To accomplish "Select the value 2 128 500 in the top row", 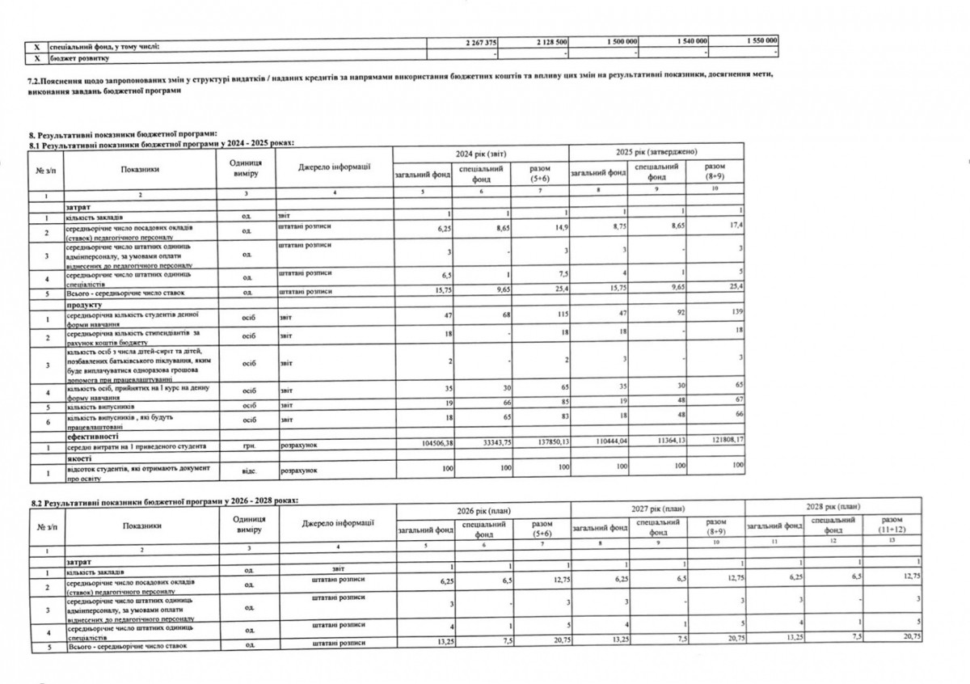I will click(x=549, y=41).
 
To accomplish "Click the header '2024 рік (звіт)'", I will click(x=480, y=153).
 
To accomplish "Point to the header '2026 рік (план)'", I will click(x=483, y=510).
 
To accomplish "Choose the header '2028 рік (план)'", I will click(x=833, y=505).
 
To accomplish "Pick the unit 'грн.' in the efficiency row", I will click(x=244, y=446).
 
